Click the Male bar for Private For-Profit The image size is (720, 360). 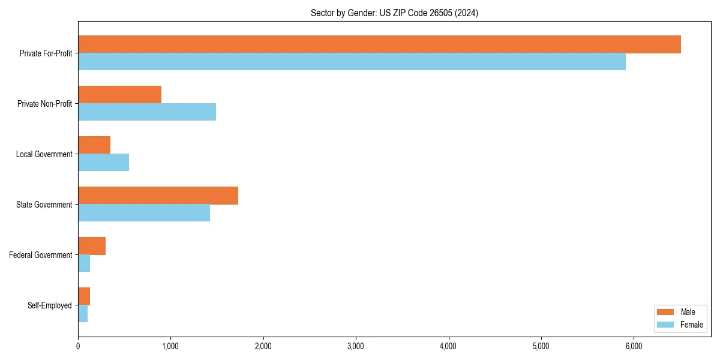point(379,44)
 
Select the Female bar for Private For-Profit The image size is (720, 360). point(352,62)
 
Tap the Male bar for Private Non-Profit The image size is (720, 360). point(119,95)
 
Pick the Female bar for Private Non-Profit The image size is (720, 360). point(147,112)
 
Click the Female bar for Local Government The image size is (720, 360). point(103,163)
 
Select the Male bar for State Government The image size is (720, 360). point(158,196)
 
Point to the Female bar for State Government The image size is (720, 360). point(144,213)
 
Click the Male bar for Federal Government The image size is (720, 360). point(92,246)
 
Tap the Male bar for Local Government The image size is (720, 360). point(94,145)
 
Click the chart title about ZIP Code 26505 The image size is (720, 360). point(394,13)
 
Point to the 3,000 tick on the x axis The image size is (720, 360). point(356,346)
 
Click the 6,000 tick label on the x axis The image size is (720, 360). point(634,346)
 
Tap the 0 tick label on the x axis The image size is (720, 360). point(78,346)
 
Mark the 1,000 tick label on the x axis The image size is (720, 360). point(170,346)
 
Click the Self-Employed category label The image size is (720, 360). point(50,305)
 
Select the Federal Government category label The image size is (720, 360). point(41,255)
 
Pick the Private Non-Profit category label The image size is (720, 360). point(44,104)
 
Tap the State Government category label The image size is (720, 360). point(44,205)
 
